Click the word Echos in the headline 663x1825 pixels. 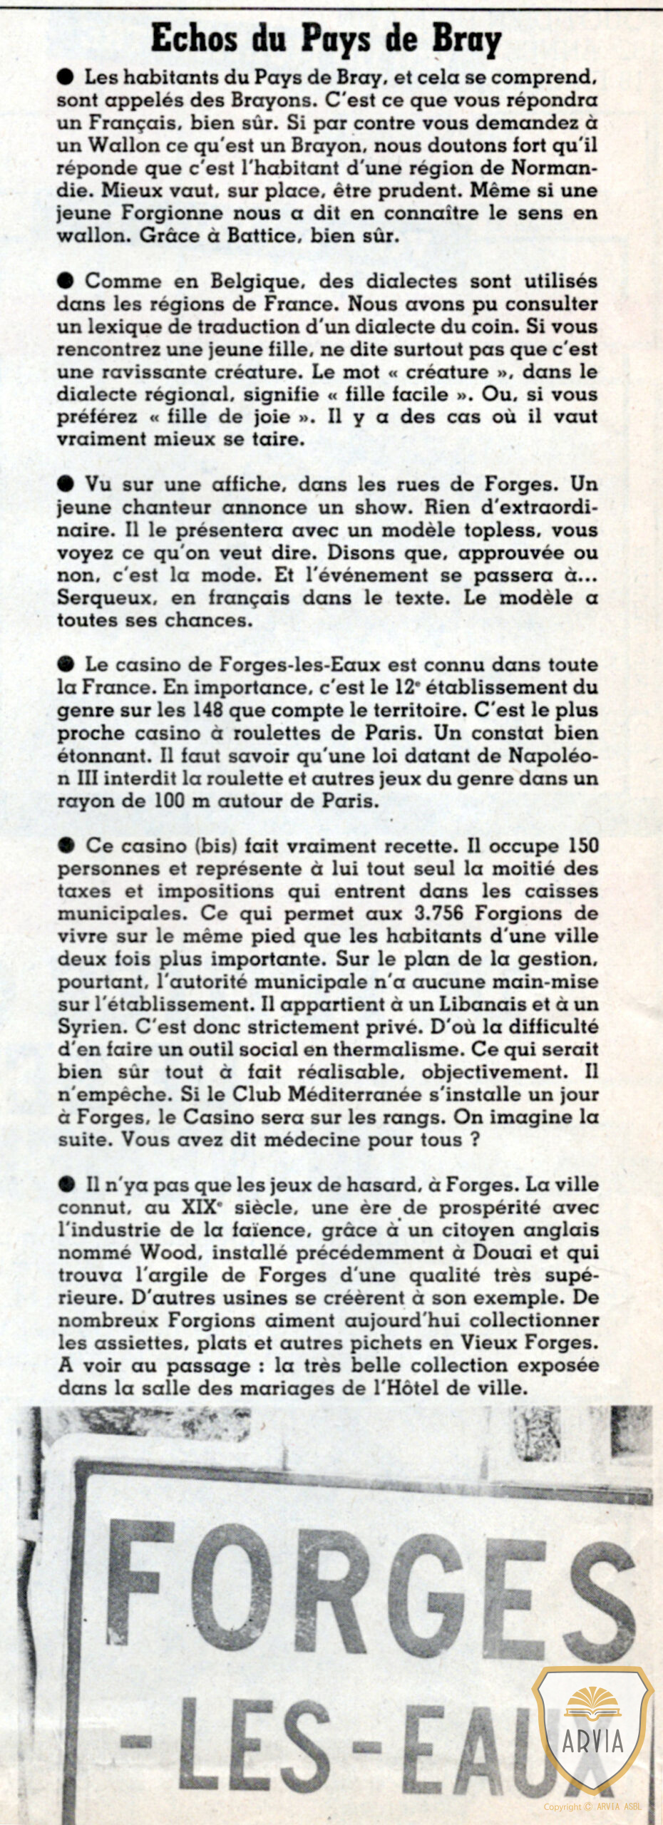tap(193, 38)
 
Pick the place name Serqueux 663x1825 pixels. tap(108, 597)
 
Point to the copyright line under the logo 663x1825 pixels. tap(592, 1806)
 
